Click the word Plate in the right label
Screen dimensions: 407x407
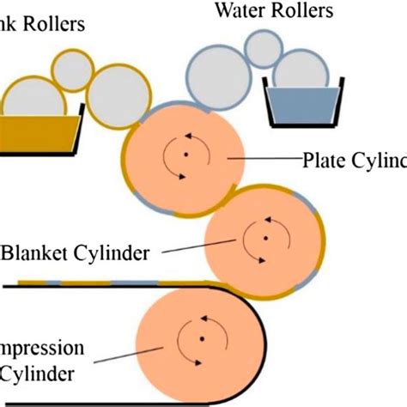tap(323, 161)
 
